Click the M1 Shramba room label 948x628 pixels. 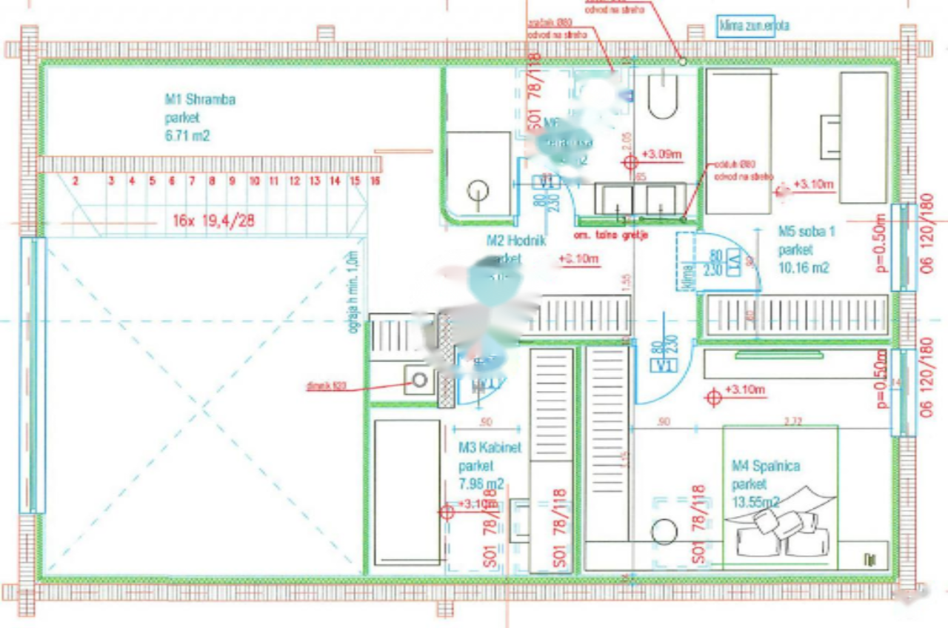coord(200,99)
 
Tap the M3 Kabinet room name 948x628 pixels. coord(490,448)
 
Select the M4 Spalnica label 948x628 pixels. coord(765,467)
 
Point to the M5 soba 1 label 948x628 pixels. coord(807,232)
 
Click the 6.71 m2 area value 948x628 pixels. coord(187,136)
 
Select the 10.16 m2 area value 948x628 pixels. coord(803,268)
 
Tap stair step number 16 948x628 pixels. coord(375,180)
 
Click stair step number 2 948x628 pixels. coord(76,180)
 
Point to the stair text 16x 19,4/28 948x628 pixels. coord(214,220)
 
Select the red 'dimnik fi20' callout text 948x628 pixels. coord(326,386)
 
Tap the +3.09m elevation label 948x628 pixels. coord(661,155)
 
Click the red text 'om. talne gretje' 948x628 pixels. coord(612,235)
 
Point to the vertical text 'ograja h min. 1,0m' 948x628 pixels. coord(353,292)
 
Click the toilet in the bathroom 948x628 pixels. coord(663,96)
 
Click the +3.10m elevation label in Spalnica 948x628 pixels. coord(745,390)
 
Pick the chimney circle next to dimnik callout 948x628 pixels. coord(420,381)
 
